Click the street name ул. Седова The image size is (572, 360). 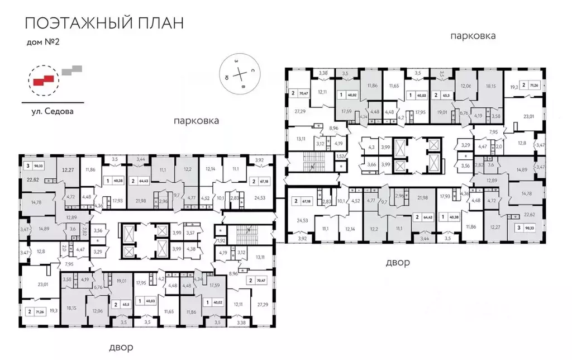click(53, 111)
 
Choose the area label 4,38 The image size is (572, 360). click(191, 249)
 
